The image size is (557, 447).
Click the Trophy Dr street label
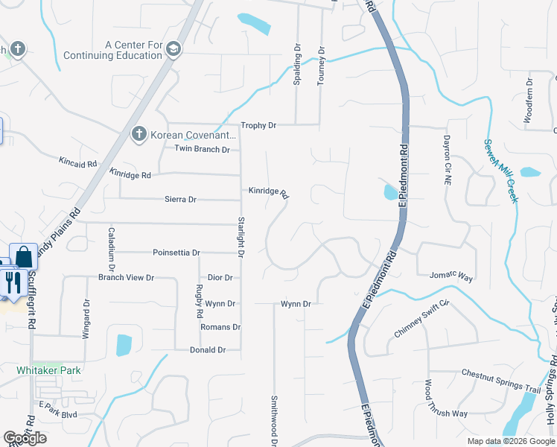click(x=258, y=126)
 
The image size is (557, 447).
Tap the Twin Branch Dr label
click(x=202, y=149)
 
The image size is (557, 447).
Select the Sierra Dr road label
click(x=180, y=200)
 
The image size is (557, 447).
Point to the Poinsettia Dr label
click(x=176, y=253)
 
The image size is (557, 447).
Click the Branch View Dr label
click(x=126, y=278)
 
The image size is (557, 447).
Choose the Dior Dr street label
click(x=220, y=278)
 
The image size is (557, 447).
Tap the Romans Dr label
click(x=220, y=327)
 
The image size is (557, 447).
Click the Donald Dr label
click(x=208, y=349)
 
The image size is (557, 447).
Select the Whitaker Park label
click(x=49, y=370)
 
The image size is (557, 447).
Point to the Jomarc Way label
click(x=451, y=277)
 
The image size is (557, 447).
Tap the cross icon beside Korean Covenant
click(x=138, y=135)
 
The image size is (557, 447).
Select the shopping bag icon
click(x=24, y=256)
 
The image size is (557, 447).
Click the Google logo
click(x=25, y=438)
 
